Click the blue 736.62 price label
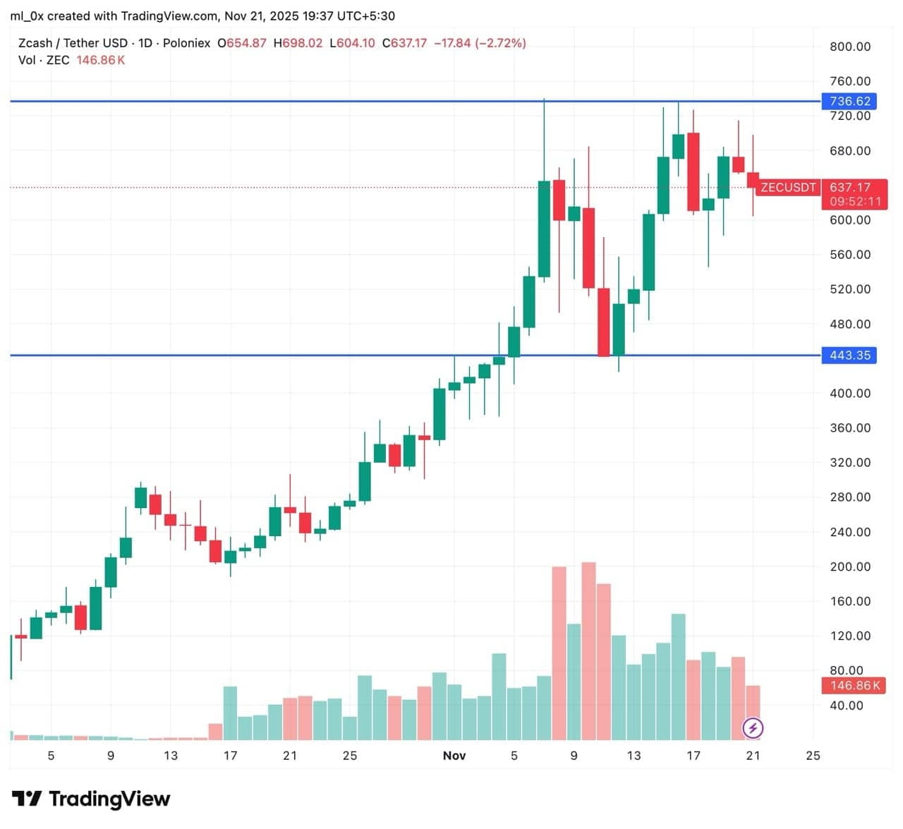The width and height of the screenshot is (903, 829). pyautogui.click(x=849, y=101)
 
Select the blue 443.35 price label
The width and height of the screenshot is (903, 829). pyautogui.click(x=849, y=355)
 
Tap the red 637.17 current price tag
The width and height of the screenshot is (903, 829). pyautogui.click(x=849, y=187)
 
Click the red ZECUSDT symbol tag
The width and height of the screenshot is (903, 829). pyautogui.click(x=787, y=187)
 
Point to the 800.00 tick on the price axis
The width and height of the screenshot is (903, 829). pyautogui.click(x=849, y=47)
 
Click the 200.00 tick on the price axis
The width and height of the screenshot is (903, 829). pyautogui.click(x=849, y=567)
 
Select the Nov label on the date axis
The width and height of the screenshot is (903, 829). pyautogui.click(x=454, y=756)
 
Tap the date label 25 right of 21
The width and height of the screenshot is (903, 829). pyautogui.click(x=813, y=756)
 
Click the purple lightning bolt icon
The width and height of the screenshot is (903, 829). pyautogui.click(x=753, y=727)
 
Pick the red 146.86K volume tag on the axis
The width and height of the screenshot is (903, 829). pyautogui.click(x=854, y=685)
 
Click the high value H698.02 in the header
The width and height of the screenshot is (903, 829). pyautogui.click(x=298, y=43)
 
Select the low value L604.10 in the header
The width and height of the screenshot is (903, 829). pyautogui.click(x=352, y=43)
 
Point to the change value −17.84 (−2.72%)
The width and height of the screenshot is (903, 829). pyautogui.click(x=480, y=43)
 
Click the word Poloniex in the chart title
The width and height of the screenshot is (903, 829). pyautogui.click(x=186, y=43)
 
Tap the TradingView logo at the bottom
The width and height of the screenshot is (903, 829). pyautogui.click(x=92, y=799)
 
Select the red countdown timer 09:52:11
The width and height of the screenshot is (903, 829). pyautogui.click(x=855, y=201)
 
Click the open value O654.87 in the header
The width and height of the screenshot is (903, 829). pyautogui.click(x=242, y=43)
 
